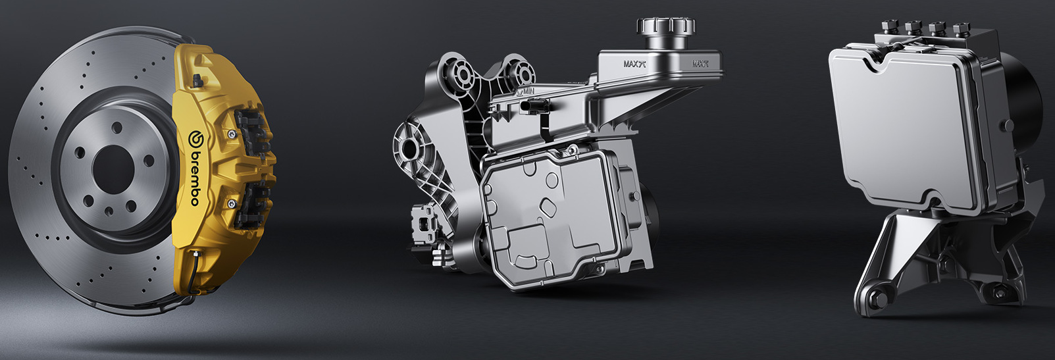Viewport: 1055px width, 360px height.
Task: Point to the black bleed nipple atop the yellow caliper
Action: pos(198,81)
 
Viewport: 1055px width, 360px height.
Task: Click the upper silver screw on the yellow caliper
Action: pos(230,135)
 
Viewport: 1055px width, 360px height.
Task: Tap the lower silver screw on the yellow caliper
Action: pos(231,203)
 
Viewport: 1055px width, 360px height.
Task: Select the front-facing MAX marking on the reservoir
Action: pos(634,64)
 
